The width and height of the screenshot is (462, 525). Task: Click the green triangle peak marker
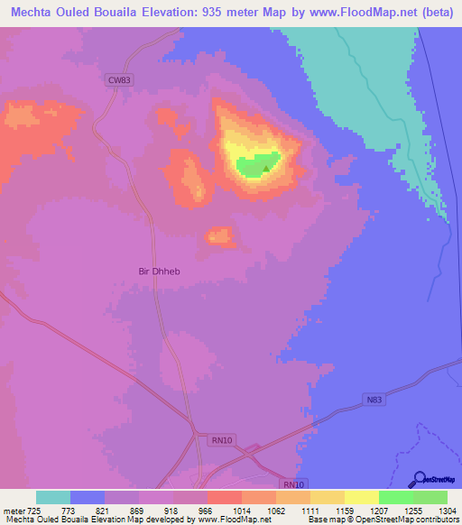[x=266, y=167]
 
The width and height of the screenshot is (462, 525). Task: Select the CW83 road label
[x=119, y=80]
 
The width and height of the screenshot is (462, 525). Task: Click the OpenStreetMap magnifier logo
[x=419, y=479]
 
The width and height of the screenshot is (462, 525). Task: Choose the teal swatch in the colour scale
[x=53, y=497]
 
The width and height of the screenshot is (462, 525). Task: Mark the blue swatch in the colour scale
[x=88, y=497]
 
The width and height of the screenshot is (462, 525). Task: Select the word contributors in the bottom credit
[x=435, y=519]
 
